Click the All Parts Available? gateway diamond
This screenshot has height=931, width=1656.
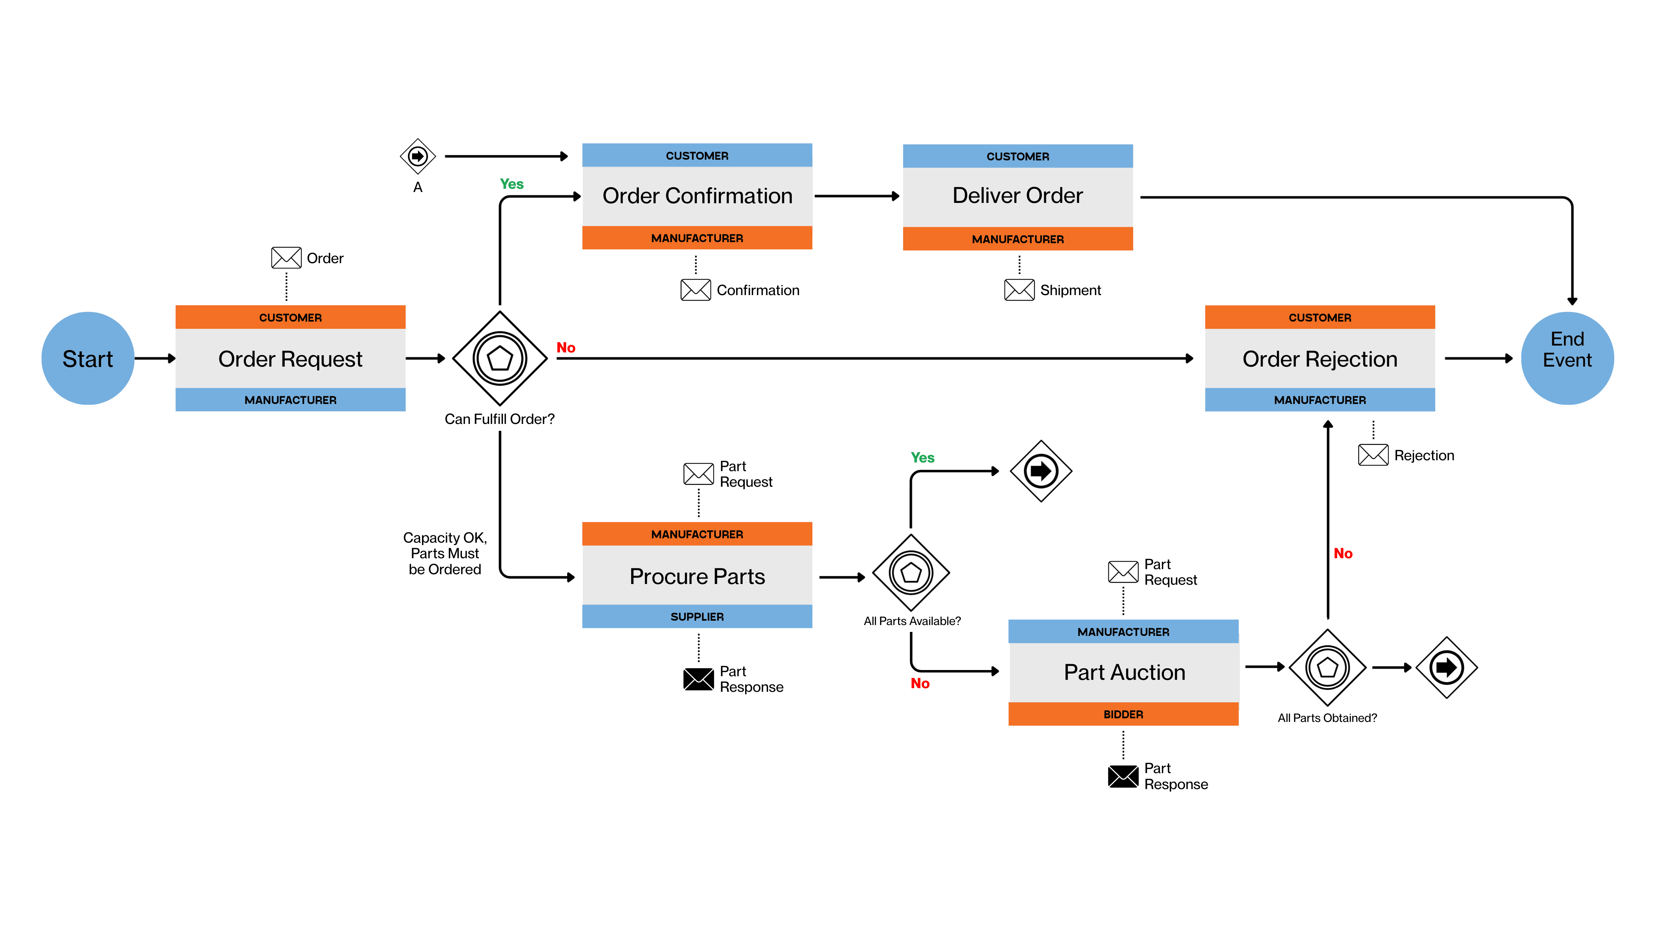910,572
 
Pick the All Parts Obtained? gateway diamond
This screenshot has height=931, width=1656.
1327,667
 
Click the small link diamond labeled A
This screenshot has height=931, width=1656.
418,156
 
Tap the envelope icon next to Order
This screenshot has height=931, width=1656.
286,258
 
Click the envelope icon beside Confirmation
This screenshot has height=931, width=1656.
695,290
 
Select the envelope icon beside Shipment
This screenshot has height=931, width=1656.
1019,290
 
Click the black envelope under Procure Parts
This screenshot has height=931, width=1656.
698,679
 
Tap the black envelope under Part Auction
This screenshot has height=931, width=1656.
1123,776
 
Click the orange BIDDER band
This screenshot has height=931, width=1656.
1123,714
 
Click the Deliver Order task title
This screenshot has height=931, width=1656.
1018,195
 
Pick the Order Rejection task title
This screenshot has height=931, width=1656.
1320,359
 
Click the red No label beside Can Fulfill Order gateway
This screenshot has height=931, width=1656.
566,348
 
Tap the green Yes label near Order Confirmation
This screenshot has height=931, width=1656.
512,184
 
